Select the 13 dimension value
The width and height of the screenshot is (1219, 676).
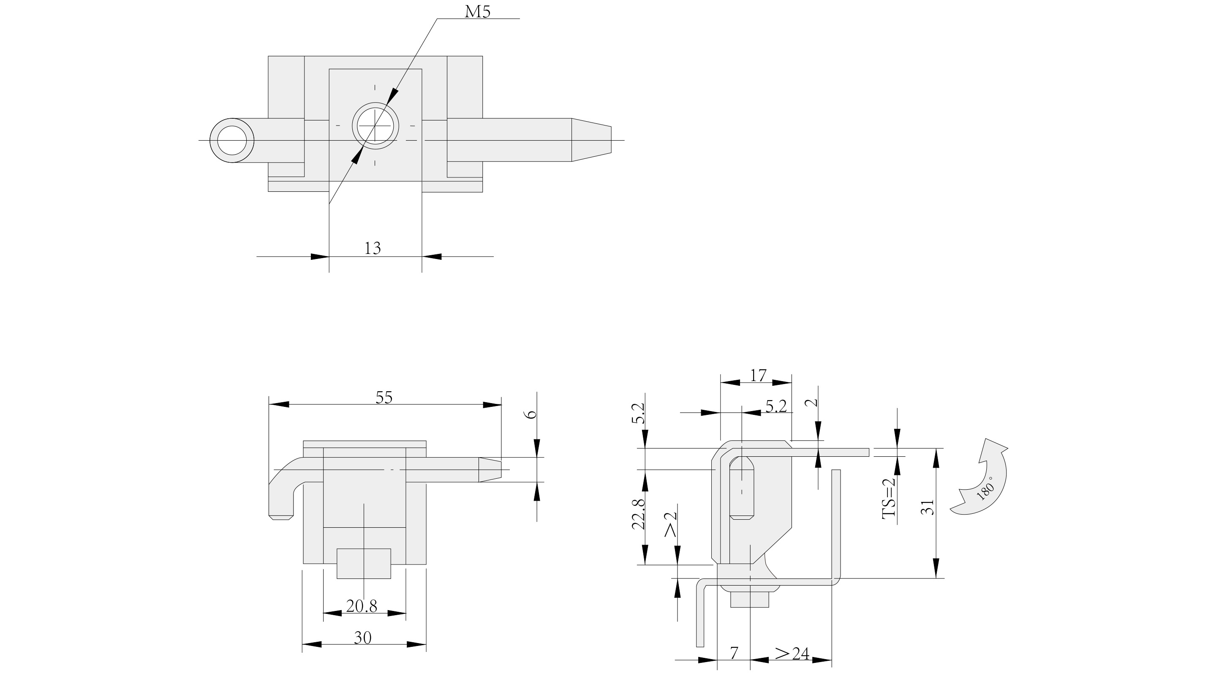(373, 248)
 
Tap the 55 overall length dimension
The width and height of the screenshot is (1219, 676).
(384, 398)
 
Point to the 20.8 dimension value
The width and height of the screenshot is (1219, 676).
(362, 606)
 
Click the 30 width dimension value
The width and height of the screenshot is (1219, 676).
(362, 638)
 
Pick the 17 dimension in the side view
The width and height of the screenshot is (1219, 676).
(758, 376)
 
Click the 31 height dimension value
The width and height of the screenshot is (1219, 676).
(928, 507)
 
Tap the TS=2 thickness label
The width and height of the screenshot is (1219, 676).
(889, 498)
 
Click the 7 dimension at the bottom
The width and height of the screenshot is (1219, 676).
(734, 653)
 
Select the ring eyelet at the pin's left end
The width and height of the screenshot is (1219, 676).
(231, 141)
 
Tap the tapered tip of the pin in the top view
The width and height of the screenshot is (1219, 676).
(591, 140)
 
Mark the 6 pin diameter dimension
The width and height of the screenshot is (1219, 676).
(532, 414)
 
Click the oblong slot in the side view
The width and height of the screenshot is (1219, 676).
(742, 488)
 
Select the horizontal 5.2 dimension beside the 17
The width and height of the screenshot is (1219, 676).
(775, 406)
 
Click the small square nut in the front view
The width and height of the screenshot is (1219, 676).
(363, 563)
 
